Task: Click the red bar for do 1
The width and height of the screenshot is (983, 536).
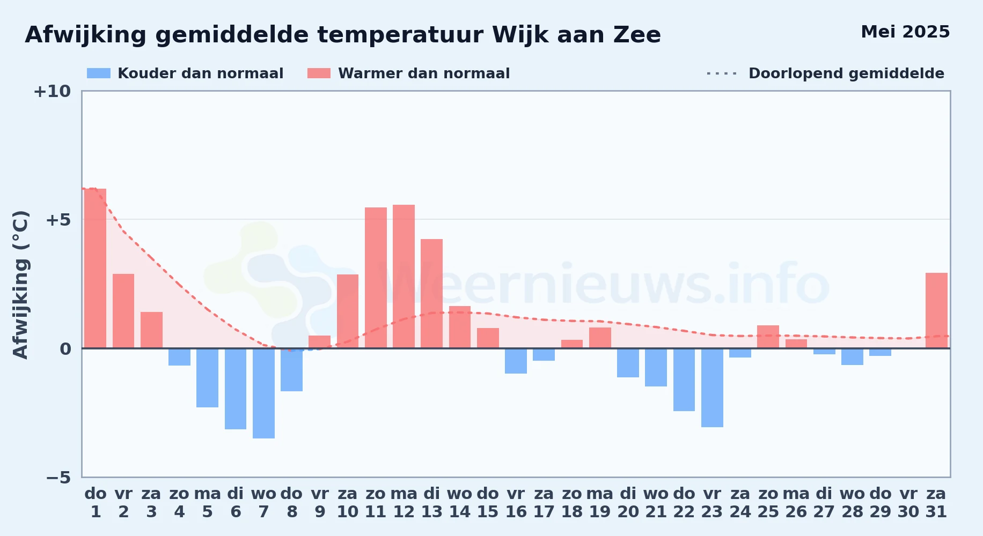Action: click(96, 269)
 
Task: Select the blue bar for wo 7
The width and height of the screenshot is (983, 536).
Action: click(263, 393)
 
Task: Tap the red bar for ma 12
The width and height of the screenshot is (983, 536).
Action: click(404, 277)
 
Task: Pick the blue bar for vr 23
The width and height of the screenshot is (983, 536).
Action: click(712, 388)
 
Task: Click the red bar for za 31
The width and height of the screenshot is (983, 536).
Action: click(936, 310)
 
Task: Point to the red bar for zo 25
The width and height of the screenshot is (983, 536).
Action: click(768, 337)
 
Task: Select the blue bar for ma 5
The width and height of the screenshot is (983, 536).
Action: click(207, 378)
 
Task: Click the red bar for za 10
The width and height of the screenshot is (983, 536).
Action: click(348, 311)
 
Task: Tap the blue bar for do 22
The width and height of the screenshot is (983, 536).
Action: click(684, 379)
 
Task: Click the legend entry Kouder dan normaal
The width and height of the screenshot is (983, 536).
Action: click(185, 73)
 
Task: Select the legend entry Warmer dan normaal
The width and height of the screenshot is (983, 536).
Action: click(408, 73)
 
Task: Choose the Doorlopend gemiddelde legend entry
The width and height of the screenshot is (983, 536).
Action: click(826, 73)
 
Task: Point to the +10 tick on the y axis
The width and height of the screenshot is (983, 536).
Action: click(52, 91)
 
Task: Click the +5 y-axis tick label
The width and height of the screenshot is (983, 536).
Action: click(58, 220)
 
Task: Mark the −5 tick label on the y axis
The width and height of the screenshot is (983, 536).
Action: click(58, 477)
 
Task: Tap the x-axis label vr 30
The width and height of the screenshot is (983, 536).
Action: click(908, 503)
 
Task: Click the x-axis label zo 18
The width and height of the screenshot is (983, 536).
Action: click(572, 503)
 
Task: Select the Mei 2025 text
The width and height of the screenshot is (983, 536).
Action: click(905, 32)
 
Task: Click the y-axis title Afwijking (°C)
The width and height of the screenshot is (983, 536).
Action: click(20, 285)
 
